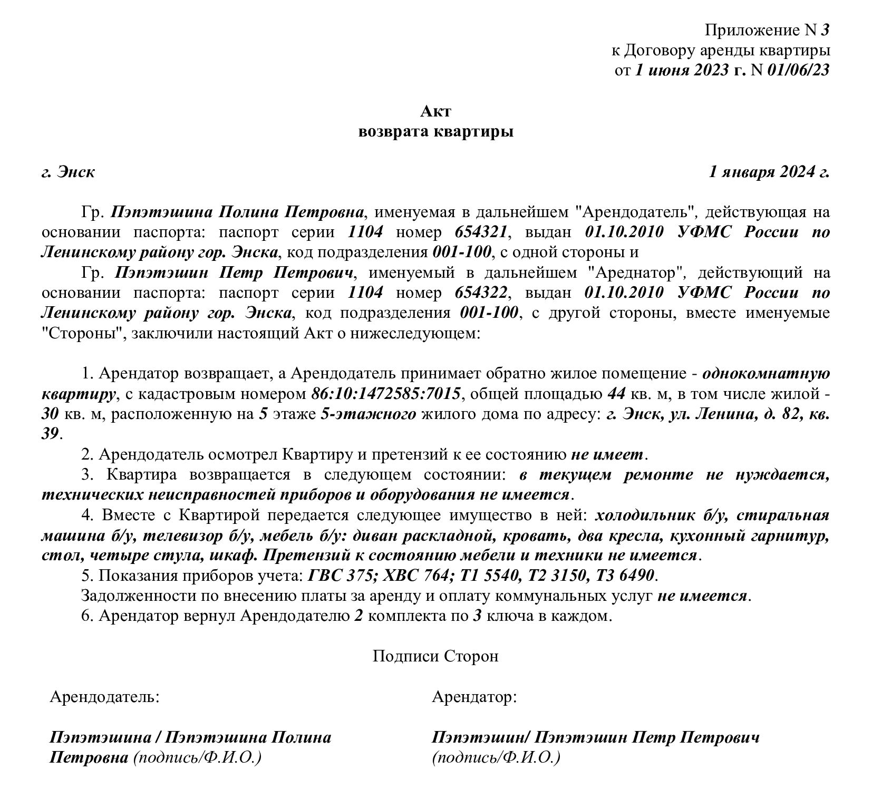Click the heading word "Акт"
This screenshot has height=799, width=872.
[435, 111]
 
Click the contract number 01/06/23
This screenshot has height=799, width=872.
[798, 70]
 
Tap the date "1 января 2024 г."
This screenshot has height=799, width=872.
[769, 172]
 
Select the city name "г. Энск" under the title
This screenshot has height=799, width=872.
[69, 172]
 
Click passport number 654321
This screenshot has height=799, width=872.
[481, 232]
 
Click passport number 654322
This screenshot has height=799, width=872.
[481, 293]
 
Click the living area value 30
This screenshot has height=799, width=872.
[50, 414]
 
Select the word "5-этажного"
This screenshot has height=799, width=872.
[368, 414]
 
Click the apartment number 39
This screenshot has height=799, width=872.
[50, 434]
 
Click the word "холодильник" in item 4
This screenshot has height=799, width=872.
[639, 515]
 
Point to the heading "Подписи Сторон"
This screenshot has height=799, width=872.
[435, 656]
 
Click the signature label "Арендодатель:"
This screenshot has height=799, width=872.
[104, 697]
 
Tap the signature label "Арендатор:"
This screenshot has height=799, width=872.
[474, 697]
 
